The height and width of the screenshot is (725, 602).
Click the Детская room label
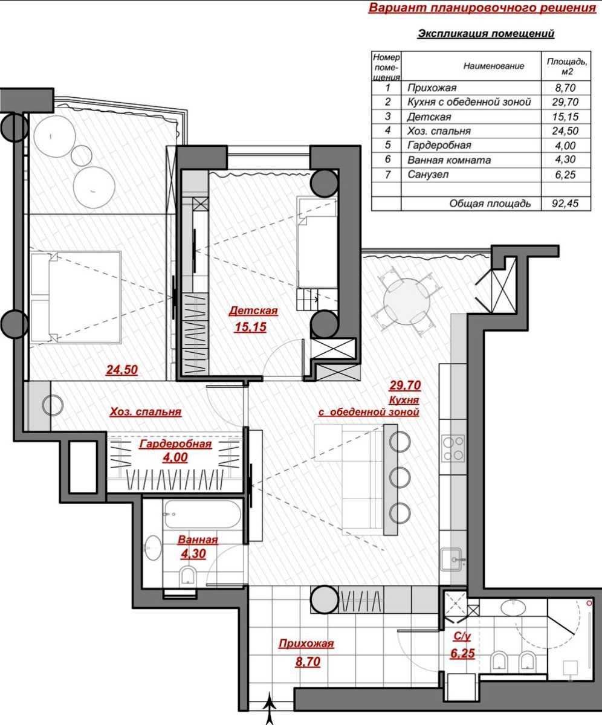(253, 311)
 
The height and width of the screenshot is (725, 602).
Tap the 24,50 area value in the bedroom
(122, 370)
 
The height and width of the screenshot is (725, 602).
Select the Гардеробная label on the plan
(175, 444)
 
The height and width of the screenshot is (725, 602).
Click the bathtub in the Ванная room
(202, 514)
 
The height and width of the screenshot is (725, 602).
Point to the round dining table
(407, 301)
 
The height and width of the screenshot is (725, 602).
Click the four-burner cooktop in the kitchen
(453, 449)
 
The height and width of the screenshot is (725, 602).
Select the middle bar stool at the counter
(400, 477)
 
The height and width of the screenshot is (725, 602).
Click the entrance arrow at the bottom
(269, 708)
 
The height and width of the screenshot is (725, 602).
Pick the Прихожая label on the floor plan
(306, 643)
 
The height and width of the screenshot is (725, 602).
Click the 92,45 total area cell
(565, 203)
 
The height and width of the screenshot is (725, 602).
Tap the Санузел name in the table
(428, 175)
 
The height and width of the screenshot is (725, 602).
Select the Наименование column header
(494, 66)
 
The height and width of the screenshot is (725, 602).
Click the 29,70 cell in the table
(565, 102)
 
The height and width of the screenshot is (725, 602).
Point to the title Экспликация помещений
(486, 34)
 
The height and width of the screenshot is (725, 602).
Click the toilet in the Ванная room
(188, 576)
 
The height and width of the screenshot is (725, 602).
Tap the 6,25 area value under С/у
(462, 654)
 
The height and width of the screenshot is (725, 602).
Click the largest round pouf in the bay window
(94, 187)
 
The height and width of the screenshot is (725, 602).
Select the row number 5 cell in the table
(387, 145)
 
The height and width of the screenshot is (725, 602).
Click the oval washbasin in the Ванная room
(153, 547)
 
